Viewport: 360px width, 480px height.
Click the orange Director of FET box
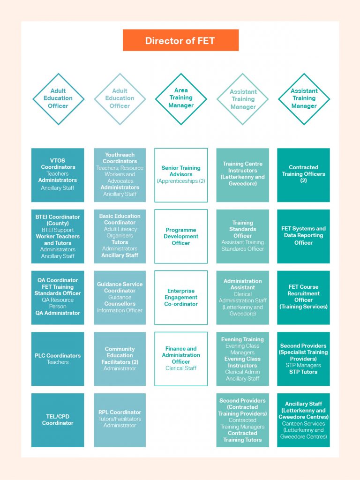(x=180, y=40)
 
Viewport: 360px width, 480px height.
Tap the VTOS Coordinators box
(x=58, y=175)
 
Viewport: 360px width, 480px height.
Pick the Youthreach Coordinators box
(x=120, y=175)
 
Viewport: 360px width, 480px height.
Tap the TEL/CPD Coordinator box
(x=58, y=420)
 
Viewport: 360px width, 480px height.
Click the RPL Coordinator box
(x=120, y=420)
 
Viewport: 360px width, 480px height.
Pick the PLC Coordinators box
(x=58, y=359)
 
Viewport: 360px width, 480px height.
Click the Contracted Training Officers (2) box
(x=303, y=175)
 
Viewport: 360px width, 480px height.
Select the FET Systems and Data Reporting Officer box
(x=303, y=236)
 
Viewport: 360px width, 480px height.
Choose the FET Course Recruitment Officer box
(x=303, y=298)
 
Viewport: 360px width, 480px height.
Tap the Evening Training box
(x=242, y=359)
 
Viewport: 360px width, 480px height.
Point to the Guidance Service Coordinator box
(x=120, y=298)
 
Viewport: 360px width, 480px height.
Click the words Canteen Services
(x=303, y=424)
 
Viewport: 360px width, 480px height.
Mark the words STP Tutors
(x=303, y=372)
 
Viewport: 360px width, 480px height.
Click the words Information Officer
(x=120, y=310)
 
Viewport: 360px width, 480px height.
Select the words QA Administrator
(x=58, y=313)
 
